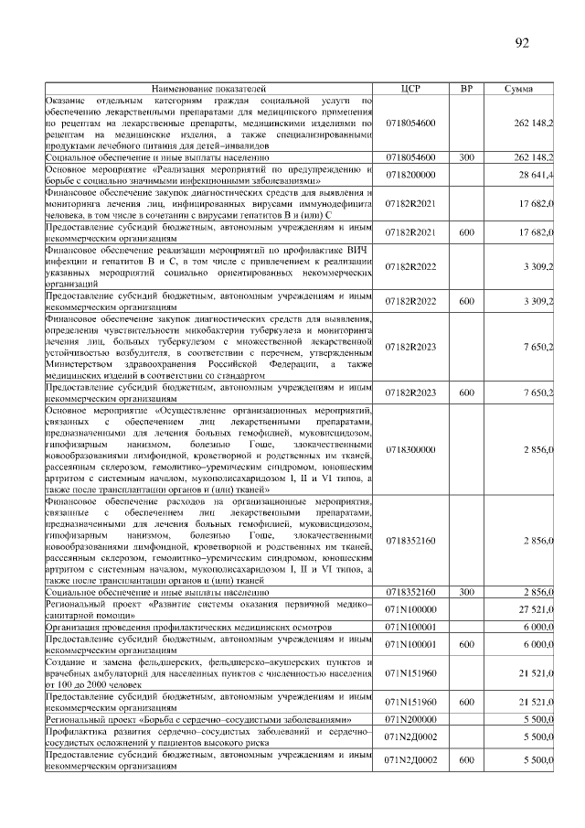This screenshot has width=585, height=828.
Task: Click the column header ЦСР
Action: (x=410, y=88)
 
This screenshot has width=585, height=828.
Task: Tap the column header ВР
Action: (x=467, y=88)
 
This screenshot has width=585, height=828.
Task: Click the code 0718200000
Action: (x=410, y=174)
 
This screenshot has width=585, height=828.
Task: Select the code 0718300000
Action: (x=410, y=450)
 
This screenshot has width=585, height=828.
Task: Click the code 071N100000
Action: (x=410, y=608)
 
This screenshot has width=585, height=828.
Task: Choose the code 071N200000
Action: (x=410, y=721)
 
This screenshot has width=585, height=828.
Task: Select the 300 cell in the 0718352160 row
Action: (x=467, y=593)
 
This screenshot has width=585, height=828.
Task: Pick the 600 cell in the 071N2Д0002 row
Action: (x=467, y=759)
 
